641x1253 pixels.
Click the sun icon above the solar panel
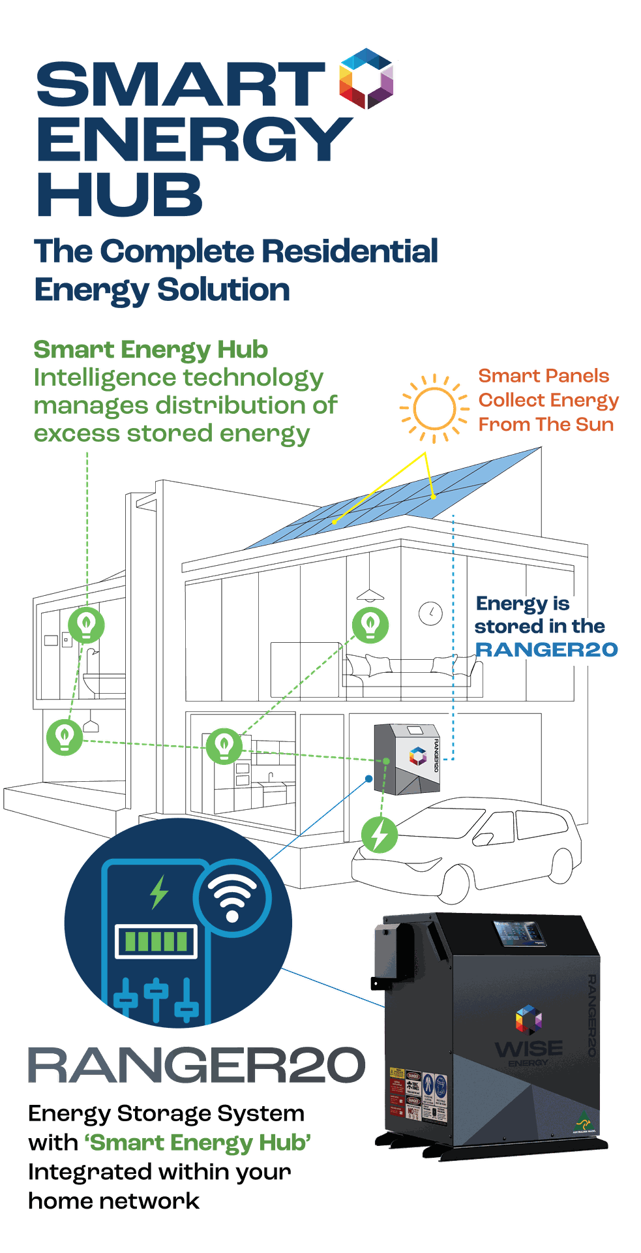point(433,409)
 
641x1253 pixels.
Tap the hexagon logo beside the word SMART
point(366,78)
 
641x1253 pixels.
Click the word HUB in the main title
point(119,194)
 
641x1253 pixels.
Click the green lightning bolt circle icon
point(380,835)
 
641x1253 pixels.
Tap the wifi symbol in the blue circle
point(232,897)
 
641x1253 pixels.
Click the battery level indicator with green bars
point(157,941)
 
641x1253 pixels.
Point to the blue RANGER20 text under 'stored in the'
point(546,650)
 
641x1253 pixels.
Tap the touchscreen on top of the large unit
point(520,933)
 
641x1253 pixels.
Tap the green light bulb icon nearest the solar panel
point(370,624)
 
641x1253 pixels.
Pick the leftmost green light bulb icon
point(64,737)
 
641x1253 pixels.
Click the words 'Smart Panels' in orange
point(544,376)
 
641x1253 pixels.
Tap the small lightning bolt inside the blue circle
point(158,892)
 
